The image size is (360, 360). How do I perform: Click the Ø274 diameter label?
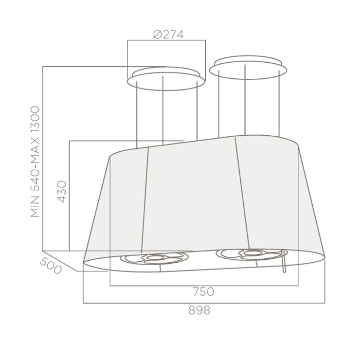pyautogui.click(x=168, y=35)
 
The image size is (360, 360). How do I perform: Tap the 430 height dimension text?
pyautogui.click(x=61, y=192)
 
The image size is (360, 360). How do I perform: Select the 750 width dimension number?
pyautogui.click(x=204, y=291)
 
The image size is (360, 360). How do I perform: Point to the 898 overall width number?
pyautogui.click(x=199, y=310)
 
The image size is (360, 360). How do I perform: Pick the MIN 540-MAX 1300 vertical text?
pyautogui.click(x=35, y=162)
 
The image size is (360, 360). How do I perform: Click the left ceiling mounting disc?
pyautogui.click(x=166, y=78)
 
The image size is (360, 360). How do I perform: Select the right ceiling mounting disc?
pyautogui.click(x=248, y=67)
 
